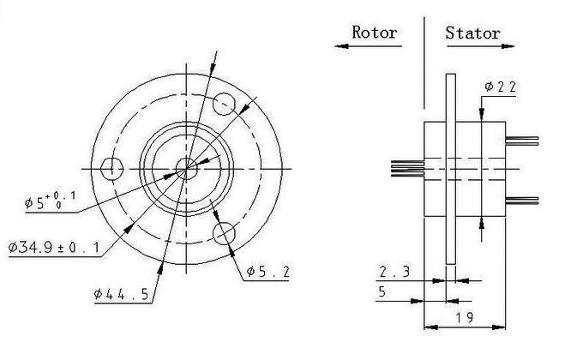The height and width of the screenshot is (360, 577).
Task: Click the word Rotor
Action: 375,32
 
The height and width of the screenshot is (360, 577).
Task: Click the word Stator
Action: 473,33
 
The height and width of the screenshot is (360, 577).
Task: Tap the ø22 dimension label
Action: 501,87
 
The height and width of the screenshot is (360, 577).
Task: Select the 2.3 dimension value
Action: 394,272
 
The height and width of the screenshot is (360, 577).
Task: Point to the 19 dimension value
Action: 465,317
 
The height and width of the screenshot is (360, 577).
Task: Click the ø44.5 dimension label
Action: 121,294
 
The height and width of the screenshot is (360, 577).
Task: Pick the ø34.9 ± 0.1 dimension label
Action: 54,247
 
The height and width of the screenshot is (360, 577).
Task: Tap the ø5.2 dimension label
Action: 267,272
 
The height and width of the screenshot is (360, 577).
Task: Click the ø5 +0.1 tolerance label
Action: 50,201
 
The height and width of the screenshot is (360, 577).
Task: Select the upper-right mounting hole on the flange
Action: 224,104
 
